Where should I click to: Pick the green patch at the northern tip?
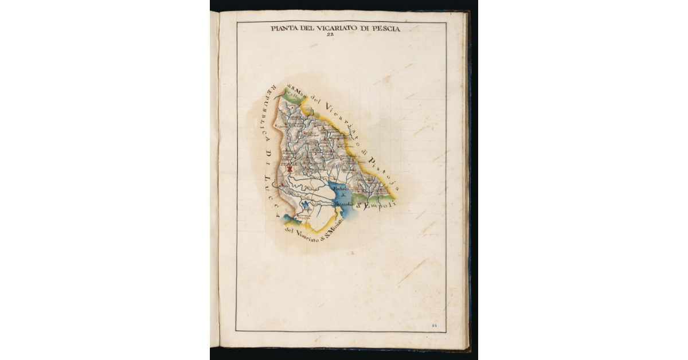(292, 96)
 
